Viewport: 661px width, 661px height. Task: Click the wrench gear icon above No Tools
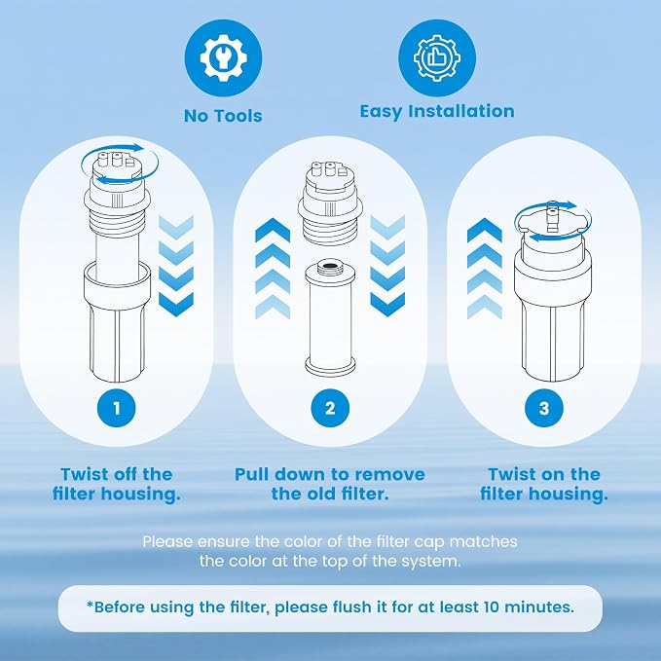point(223,57)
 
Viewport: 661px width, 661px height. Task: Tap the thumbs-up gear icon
point(437,57)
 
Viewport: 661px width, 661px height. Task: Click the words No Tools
point(223,116)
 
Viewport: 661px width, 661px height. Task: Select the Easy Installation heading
point(437,111)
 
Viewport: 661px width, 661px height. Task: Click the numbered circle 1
point(117,408)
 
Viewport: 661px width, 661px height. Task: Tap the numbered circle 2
point(330,408)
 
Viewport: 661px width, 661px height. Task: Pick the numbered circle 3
point(544,408)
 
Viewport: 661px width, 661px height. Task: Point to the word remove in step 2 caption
point(393,474)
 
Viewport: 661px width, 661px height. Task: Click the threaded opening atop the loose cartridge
point(330,266)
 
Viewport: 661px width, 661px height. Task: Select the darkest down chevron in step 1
point(176,305)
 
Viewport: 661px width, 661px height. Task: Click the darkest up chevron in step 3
point(485,230)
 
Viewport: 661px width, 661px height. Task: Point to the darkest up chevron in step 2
point(273,230)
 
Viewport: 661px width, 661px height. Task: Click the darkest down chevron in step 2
point(387,305)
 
